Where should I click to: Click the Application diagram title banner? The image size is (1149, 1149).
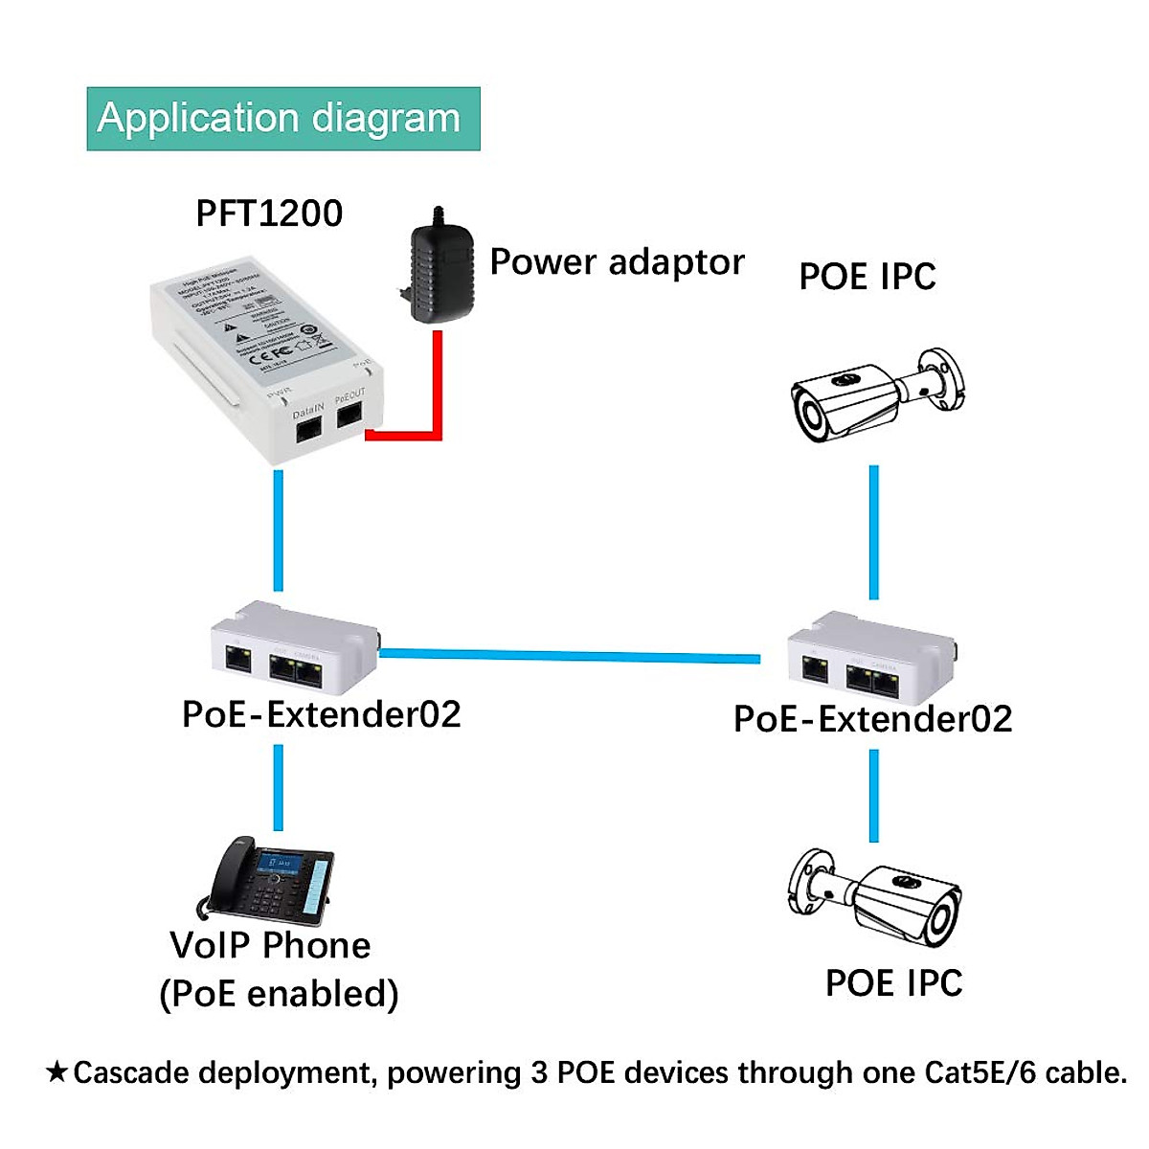pyautogui.click(x=282, y=119)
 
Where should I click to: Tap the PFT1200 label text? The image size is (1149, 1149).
pyautogui.click(x=269, y=213)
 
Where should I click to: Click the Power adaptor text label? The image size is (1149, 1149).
pyautogui.click(x=617, y=261)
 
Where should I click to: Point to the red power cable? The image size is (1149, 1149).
pyautogui.click(x=438, y=393)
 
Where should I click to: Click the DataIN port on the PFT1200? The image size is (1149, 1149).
pyautogui.click(x=308, y=429)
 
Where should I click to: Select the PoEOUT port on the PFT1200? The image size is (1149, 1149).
pyautogui.click(x=350, y=414)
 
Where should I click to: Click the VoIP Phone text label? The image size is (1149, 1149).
pyautogui.click(x=270, y=945)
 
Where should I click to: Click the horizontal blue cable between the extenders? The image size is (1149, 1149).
pyautogui.click(x=570, y=656)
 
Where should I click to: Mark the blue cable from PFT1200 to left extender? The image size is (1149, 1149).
pyautogui.click(x=278, y=531)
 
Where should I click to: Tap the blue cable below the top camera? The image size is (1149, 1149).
pyautogui.click(x=873, y=532)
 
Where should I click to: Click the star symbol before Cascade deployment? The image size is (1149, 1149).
pyautogui.click(x=56, y=1072)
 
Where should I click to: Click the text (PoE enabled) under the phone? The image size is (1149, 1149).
pyautogui.click(x=279, y=994)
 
